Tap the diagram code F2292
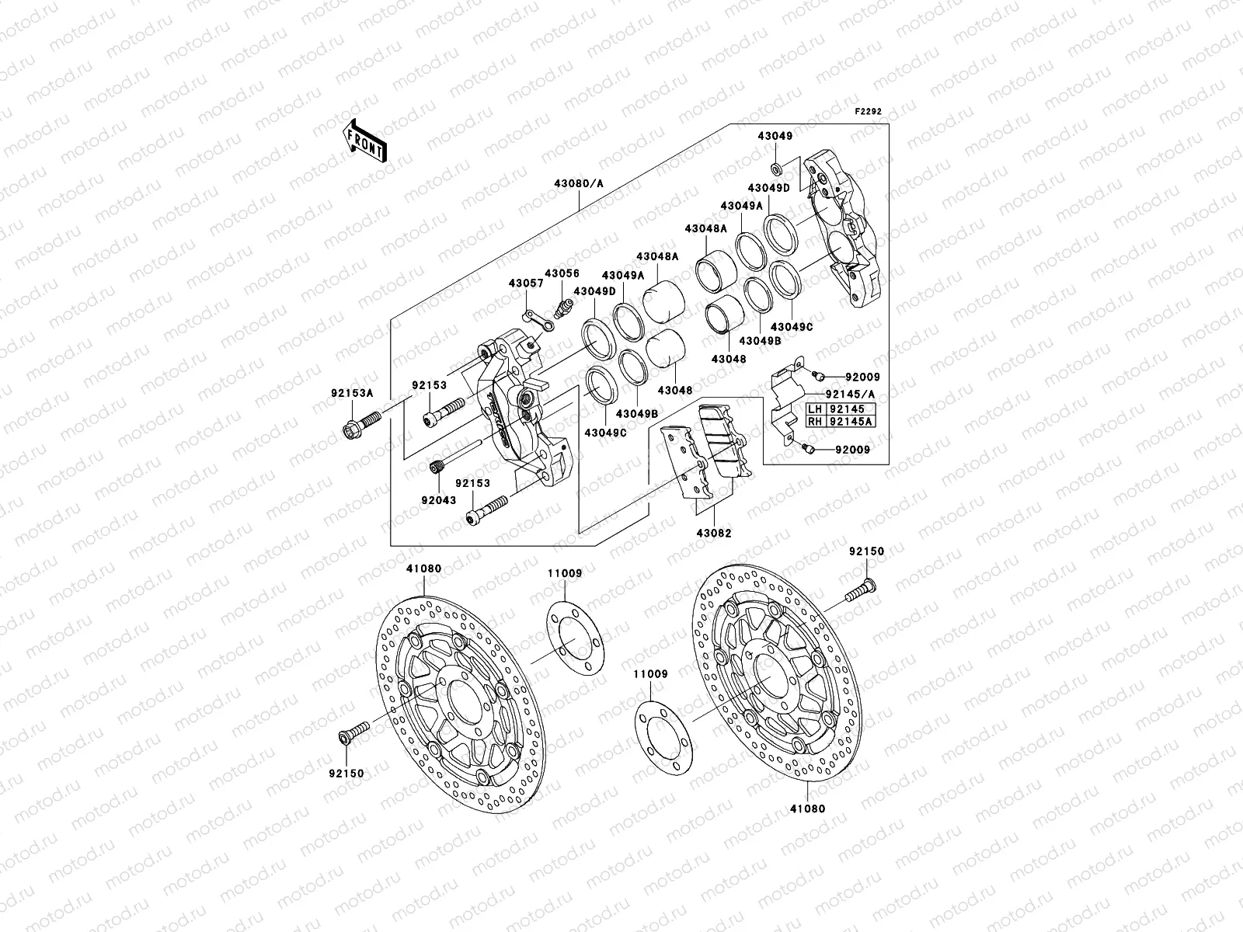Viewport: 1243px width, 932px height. point(869,112)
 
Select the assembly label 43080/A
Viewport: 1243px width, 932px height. point(579,183)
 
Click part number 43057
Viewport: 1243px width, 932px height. point(527,283)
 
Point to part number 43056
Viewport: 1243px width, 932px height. point(562,273)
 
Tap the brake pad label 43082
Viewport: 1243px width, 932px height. point(713,534)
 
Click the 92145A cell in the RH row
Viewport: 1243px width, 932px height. point(851,422)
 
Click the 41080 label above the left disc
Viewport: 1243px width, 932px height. point(423,569)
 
